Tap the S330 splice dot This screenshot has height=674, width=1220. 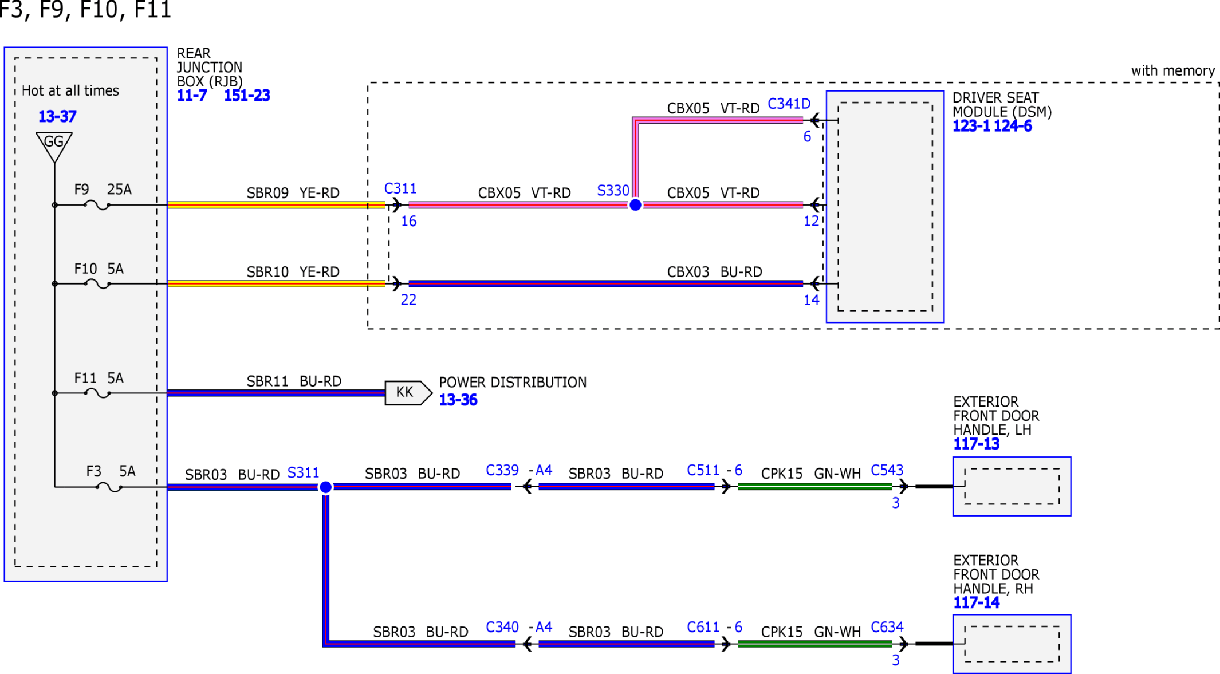(x=635, y=205)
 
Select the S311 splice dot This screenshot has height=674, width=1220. (x=325, y=487)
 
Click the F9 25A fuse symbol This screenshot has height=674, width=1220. (x=97, y=205)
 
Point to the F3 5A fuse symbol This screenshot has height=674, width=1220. (x=109, y=487)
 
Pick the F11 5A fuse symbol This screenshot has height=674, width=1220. (x=97, y=393)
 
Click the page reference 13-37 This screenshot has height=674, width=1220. (x=57, y=117)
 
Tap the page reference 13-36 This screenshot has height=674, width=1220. (x=458, y=400)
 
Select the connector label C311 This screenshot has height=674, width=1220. (x=400, y=188)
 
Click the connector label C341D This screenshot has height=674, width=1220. (x=789, y=104)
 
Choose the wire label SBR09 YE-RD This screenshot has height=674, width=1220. (x=293, y=193)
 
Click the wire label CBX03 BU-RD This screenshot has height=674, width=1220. (x=714, y=272)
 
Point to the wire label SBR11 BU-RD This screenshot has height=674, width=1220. (x=294, y=381)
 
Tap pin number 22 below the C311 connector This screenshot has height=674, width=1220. (x=408, y=300)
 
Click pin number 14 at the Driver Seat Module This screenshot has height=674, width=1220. (x=811, y=300)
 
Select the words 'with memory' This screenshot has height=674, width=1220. (x=1172, y=71)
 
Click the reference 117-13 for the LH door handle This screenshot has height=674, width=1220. (x=976, y=444)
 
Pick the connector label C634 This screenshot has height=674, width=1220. (x=887, y=628)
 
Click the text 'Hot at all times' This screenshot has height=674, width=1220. (x=70, y=90)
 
